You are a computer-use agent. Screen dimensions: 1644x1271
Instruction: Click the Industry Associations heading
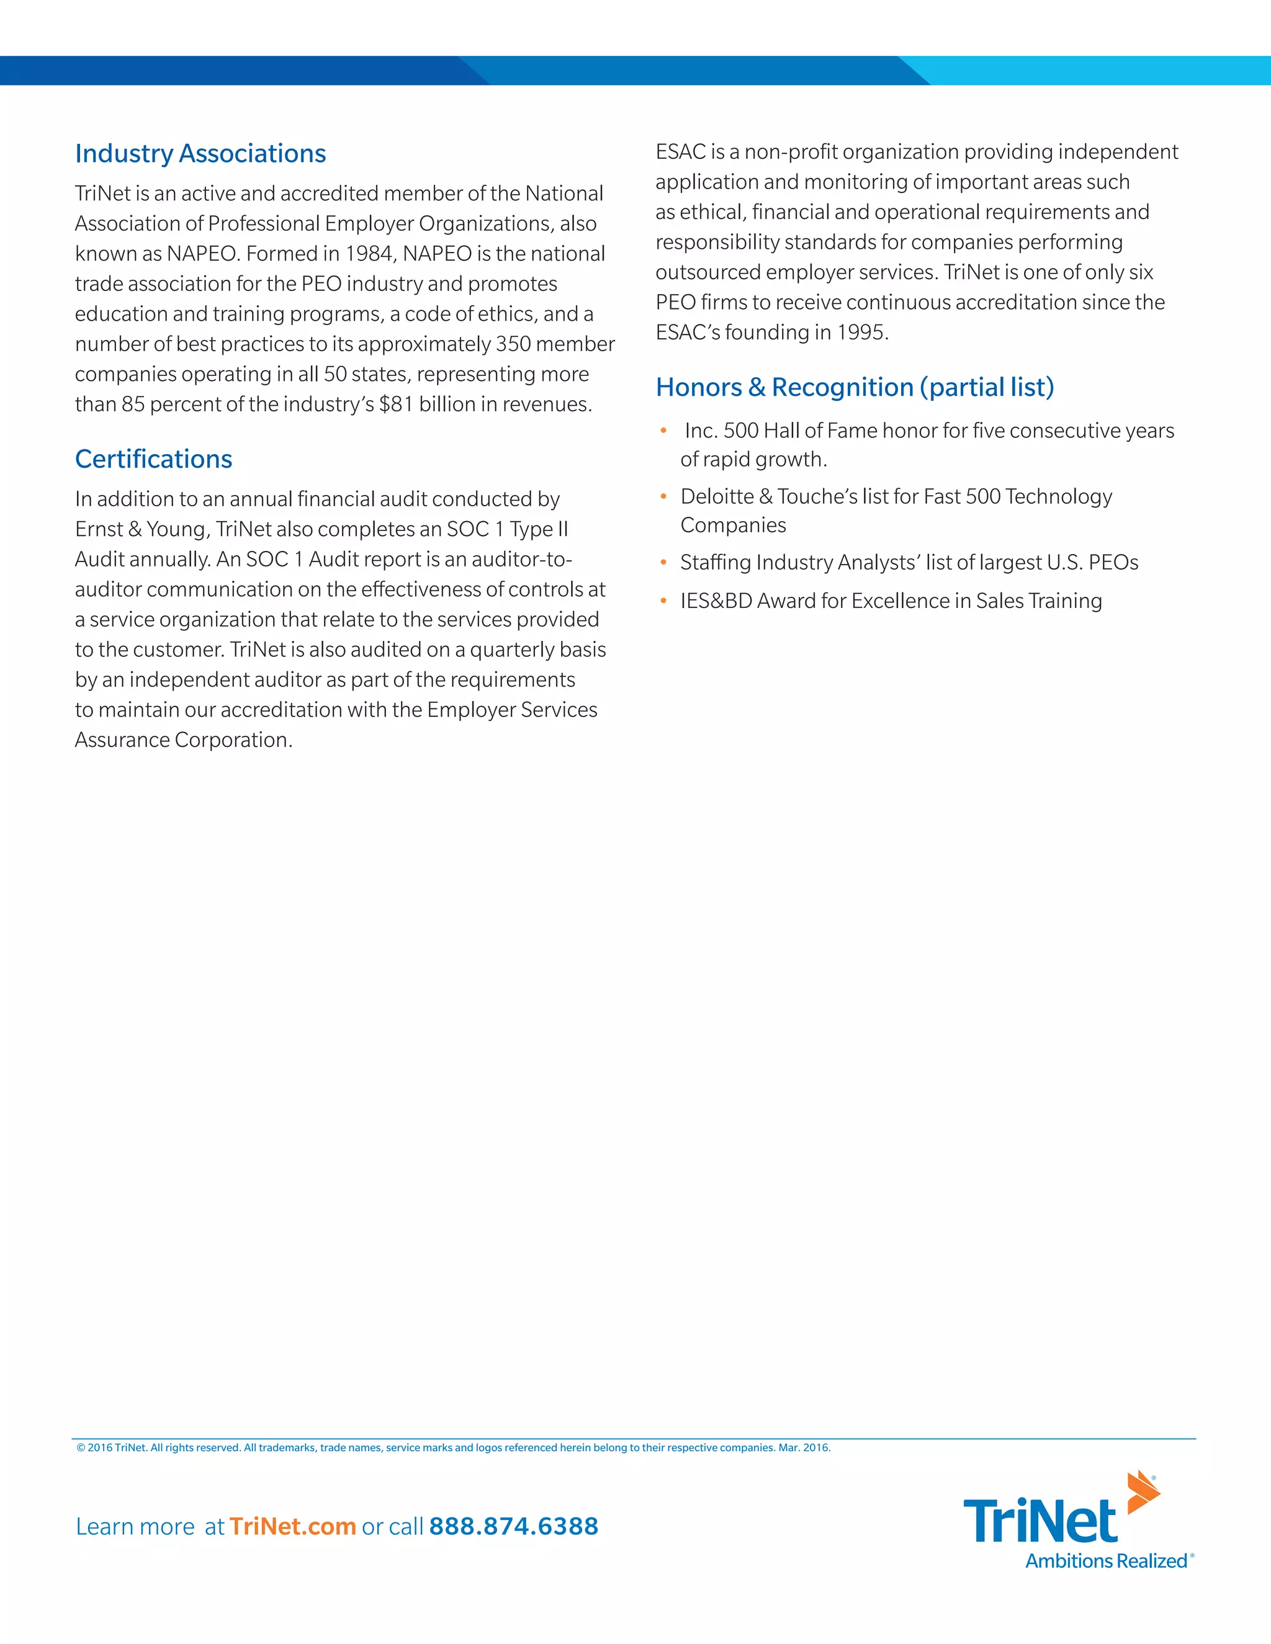pos(200,154)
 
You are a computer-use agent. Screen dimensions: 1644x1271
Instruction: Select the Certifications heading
pos(154,459)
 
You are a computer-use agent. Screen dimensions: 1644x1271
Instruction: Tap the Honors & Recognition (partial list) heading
pos(855,387)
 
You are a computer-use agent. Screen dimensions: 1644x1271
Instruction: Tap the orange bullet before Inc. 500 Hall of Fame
pos(663,431)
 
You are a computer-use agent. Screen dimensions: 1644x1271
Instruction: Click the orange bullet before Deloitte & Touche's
pos(663,496)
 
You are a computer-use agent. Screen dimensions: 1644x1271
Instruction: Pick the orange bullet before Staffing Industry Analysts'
pos(663,562)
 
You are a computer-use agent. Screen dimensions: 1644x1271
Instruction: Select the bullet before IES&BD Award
pos(663,601)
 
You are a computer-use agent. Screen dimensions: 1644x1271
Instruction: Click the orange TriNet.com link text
pos(292,1526)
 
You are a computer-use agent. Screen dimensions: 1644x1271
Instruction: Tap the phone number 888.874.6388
pos(513,1526)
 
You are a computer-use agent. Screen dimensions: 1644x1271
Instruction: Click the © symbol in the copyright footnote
pos(81,1447)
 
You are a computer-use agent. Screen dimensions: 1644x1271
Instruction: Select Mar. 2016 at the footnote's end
pos(804,1447)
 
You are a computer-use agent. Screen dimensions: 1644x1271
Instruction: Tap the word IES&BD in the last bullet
pos(716,601)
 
